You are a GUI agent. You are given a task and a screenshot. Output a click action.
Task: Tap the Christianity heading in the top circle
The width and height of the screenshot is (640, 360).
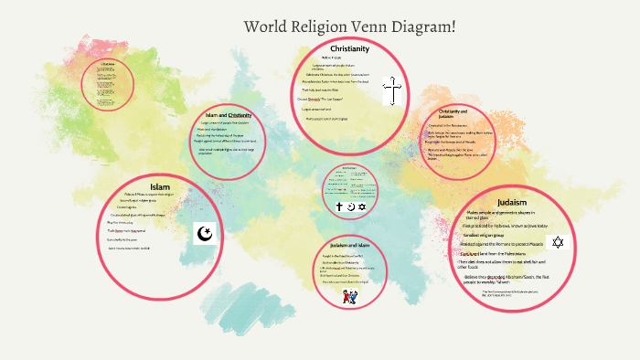[x=348, y=48]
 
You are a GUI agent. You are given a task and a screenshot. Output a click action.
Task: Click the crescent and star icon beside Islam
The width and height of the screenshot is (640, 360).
[x=206, y=235]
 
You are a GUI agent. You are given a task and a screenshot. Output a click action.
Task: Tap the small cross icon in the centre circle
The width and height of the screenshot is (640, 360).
[x=338, y=207]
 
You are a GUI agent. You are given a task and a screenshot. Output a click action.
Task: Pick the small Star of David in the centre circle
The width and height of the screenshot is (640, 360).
[x=361, y=207]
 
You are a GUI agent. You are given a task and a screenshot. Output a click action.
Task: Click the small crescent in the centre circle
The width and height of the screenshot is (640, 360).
[x=349, y=207]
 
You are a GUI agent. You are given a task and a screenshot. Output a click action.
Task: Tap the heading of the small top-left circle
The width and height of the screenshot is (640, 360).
[x=108, y=63]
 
